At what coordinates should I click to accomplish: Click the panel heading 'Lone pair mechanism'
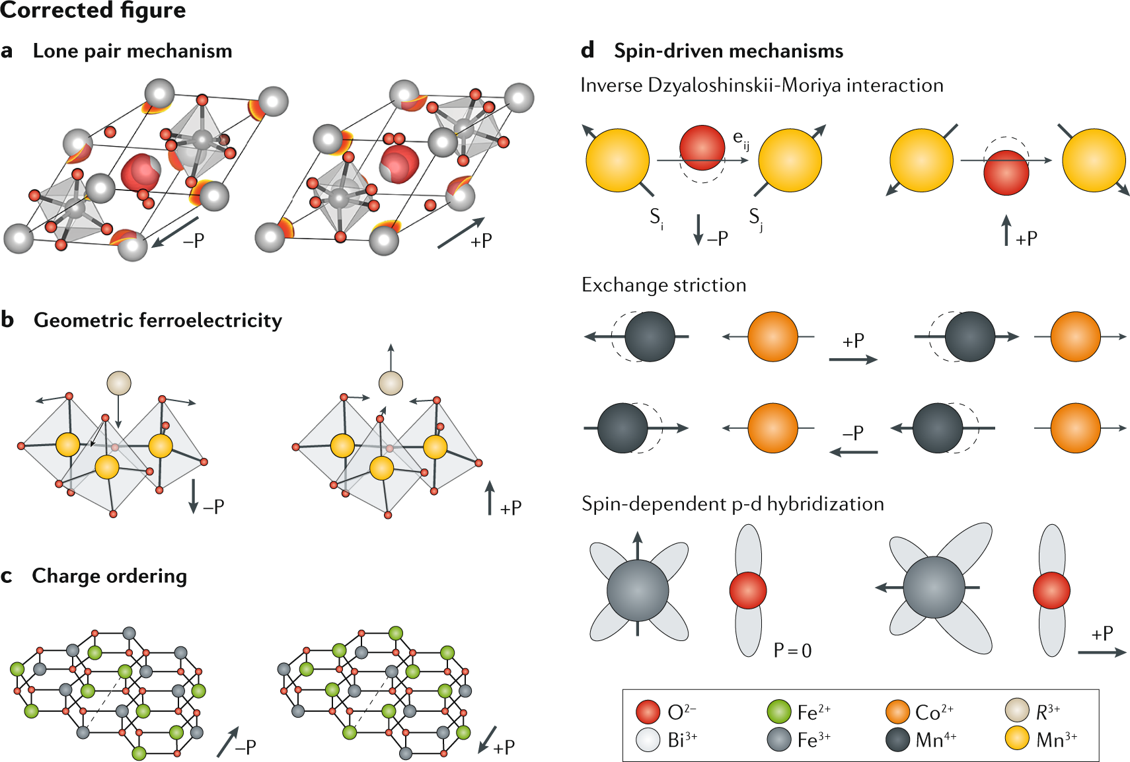(x=132, y=51)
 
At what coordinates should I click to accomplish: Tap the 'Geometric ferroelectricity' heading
(x=157, y=321)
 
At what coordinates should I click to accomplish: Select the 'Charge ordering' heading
(x=109, y=576)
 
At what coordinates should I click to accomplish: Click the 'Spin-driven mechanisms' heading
(x=728, y=51)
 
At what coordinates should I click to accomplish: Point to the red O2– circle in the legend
(x=648, y=712)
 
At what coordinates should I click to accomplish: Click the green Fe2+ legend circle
(x=778, y=712)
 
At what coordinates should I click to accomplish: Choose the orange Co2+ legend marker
(x=897, y=712)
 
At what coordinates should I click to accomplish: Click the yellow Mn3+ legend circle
(x=1016, y=739)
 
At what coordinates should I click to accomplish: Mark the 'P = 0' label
(x=792, y=651)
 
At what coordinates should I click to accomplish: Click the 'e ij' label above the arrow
(x=741, y=139)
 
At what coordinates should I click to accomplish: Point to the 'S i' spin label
(x=656, y=217)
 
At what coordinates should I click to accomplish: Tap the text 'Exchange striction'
(x=663, y=285)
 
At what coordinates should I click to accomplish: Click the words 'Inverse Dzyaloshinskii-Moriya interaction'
(x=761, y=85)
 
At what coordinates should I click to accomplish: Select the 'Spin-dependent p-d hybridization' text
(x=732, y=504)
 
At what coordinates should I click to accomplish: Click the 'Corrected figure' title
(x=93, y=11)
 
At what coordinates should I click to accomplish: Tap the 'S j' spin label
(x=755, y=217)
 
